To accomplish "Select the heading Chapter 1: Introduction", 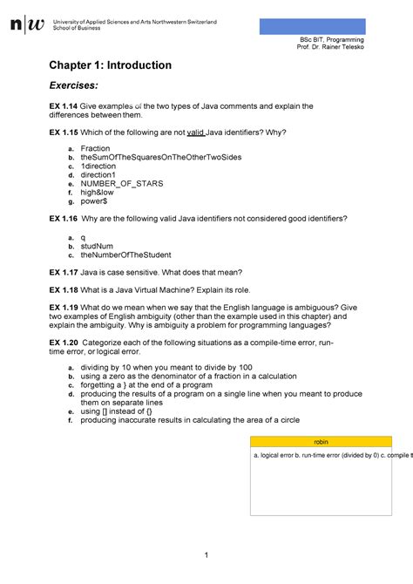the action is click(x=110, y=65).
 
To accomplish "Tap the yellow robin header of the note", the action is click(x=322, y=443).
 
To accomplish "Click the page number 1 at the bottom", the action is click(x=206, y=556).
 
